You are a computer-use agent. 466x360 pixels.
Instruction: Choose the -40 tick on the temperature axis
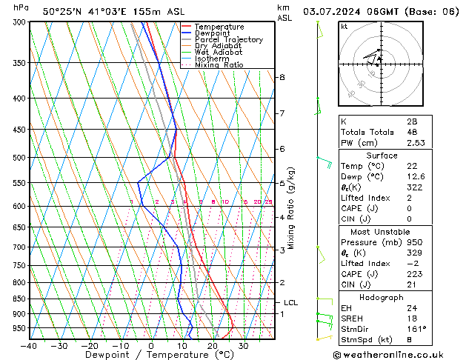click(x=30, y=346)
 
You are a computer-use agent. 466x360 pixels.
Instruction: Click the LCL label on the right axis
click(x=291, y=302)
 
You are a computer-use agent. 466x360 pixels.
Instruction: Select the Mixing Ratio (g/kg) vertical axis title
click(x=292, y=208)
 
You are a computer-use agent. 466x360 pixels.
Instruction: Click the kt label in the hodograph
click(x=344, y=26)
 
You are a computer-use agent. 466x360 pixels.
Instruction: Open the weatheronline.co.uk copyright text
click(x=398, y=355)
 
